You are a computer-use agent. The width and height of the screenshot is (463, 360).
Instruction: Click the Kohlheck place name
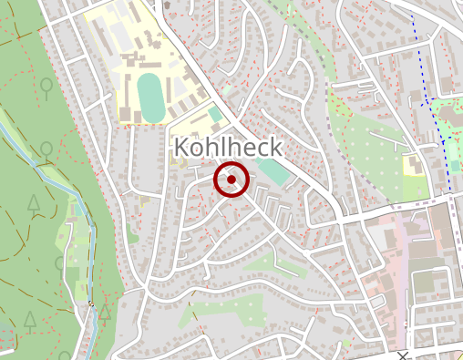(227, 148)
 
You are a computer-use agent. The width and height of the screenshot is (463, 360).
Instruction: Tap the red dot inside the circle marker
(231, 180)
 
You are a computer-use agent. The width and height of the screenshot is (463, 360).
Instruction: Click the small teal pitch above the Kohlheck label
(214, 116)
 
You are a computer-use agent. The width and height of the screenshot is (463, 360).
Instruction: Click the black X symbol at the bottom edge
(402, 355)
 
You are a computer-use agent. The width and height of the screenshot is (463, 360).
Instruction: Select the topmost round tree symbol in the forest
(45, 87)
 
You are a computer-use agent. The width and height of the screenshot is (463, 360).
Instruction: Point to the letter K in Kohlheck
(181, 148)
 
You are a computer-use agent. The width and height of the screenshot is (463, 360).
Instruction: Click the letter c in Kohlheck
(258, 149)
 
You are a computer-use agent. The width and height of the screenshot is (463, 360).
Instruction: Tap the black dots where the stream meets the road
(90, 303)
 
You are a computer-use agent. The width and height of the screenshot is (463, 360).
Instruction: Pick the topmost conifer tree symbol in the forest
(34, 203)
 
